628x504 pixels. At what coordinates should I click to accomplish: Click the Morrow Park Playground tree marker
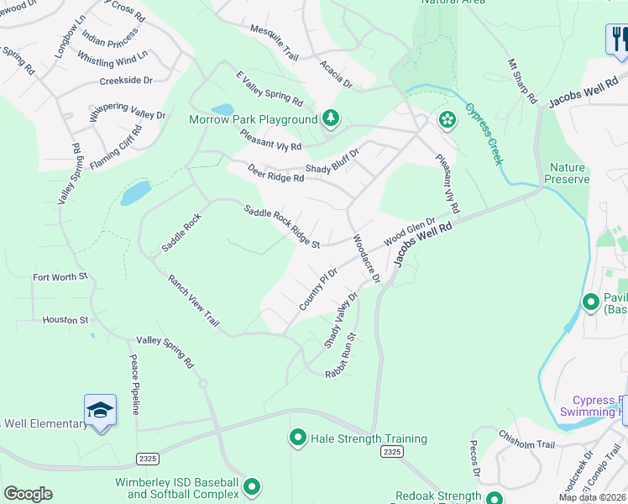[x=331, y=119]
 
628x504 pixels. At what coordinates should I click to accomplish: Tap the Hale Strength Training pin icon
[x=297, y=438]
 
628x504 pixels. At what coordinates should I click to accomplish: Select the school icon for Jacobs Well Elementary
[x=100, y=410]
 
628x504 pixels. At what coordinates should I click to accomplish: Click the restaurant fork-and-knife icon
[x=617, y=39]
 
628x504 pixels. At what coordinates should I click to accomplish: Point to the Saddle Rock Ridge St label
[x=282, y=227]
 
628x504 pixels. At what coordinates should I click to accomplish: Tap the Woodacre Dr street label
[x=367, y=258]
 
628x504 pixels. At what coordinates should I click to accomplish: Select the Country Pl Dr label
[x=318, y=289]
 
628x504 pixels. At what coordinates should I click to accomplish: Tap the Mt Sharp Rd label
[x=521, y=81]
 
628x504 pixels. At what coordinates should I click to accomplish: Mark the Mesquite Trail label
[x=275, y=42]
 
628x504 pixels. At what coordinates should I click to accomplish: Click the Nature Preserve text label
[x=565, y=174]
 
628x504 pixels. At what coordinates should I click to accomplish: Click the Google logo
[x=28, y=494]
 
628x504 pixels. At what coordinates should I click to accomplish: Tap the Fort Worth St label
[x=60, y=276]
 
